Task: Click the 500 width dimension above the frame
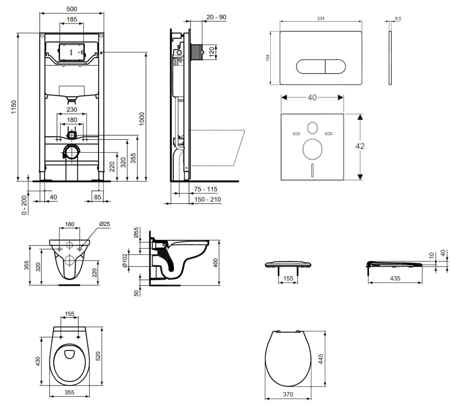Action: [72, 9]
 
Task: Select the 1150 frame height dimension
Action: [14, 107]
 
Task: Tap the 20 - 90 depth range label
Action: [216, 17]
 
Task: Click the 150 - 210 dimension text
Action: [207, 200]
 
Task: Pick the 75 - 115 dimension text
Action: [205, 189]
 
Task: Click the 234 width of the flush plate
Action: [321, 18]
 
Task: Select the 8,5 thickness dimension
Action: [398, 18]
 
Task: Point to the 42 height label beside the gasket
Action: [360, 146]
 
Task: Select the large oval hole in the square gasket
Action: [312, 149]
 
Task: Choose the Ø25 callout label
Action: [104, 224]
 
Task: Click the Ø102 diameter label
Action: [125, 261]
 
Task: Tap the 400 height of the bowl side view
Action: [216, 263]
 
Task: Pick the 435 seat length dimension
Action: [395, 278]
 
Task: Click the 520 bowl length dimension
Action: [98, 356]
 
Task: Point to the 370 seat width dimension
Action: [288, 394]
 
